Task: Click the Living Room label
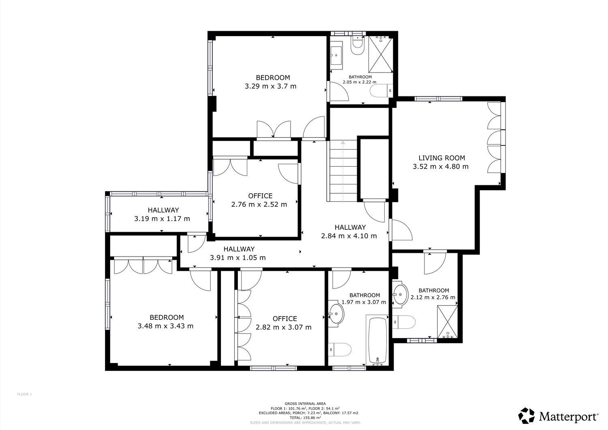coord(442,158)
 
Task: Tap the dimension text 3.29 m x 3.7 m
coord(271,86)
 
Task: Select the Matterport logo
coord(558,415)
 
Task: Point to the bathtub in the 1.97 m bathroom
coord(377,340)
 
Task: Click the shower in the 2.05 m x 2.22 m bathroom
coord(381,54)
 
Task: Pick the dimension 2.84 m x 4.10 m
coord(349,236)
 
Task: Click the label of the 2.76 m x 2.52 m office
coord(260,196)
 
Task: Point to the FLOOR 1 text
coord(24,394)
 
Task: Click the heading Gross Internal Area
coord(305,404)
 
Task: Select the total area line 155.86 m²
coord(305,417)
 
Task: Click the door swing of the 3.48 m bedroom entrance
coord(200,280)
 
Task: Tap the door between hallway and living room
coord(400,230)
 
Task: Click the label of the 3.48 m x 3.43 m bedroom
coord(167,317)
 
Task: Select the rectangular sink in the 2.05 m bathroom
coord(336,56)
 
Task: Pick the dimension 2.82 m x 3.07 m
coord(284,327)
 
